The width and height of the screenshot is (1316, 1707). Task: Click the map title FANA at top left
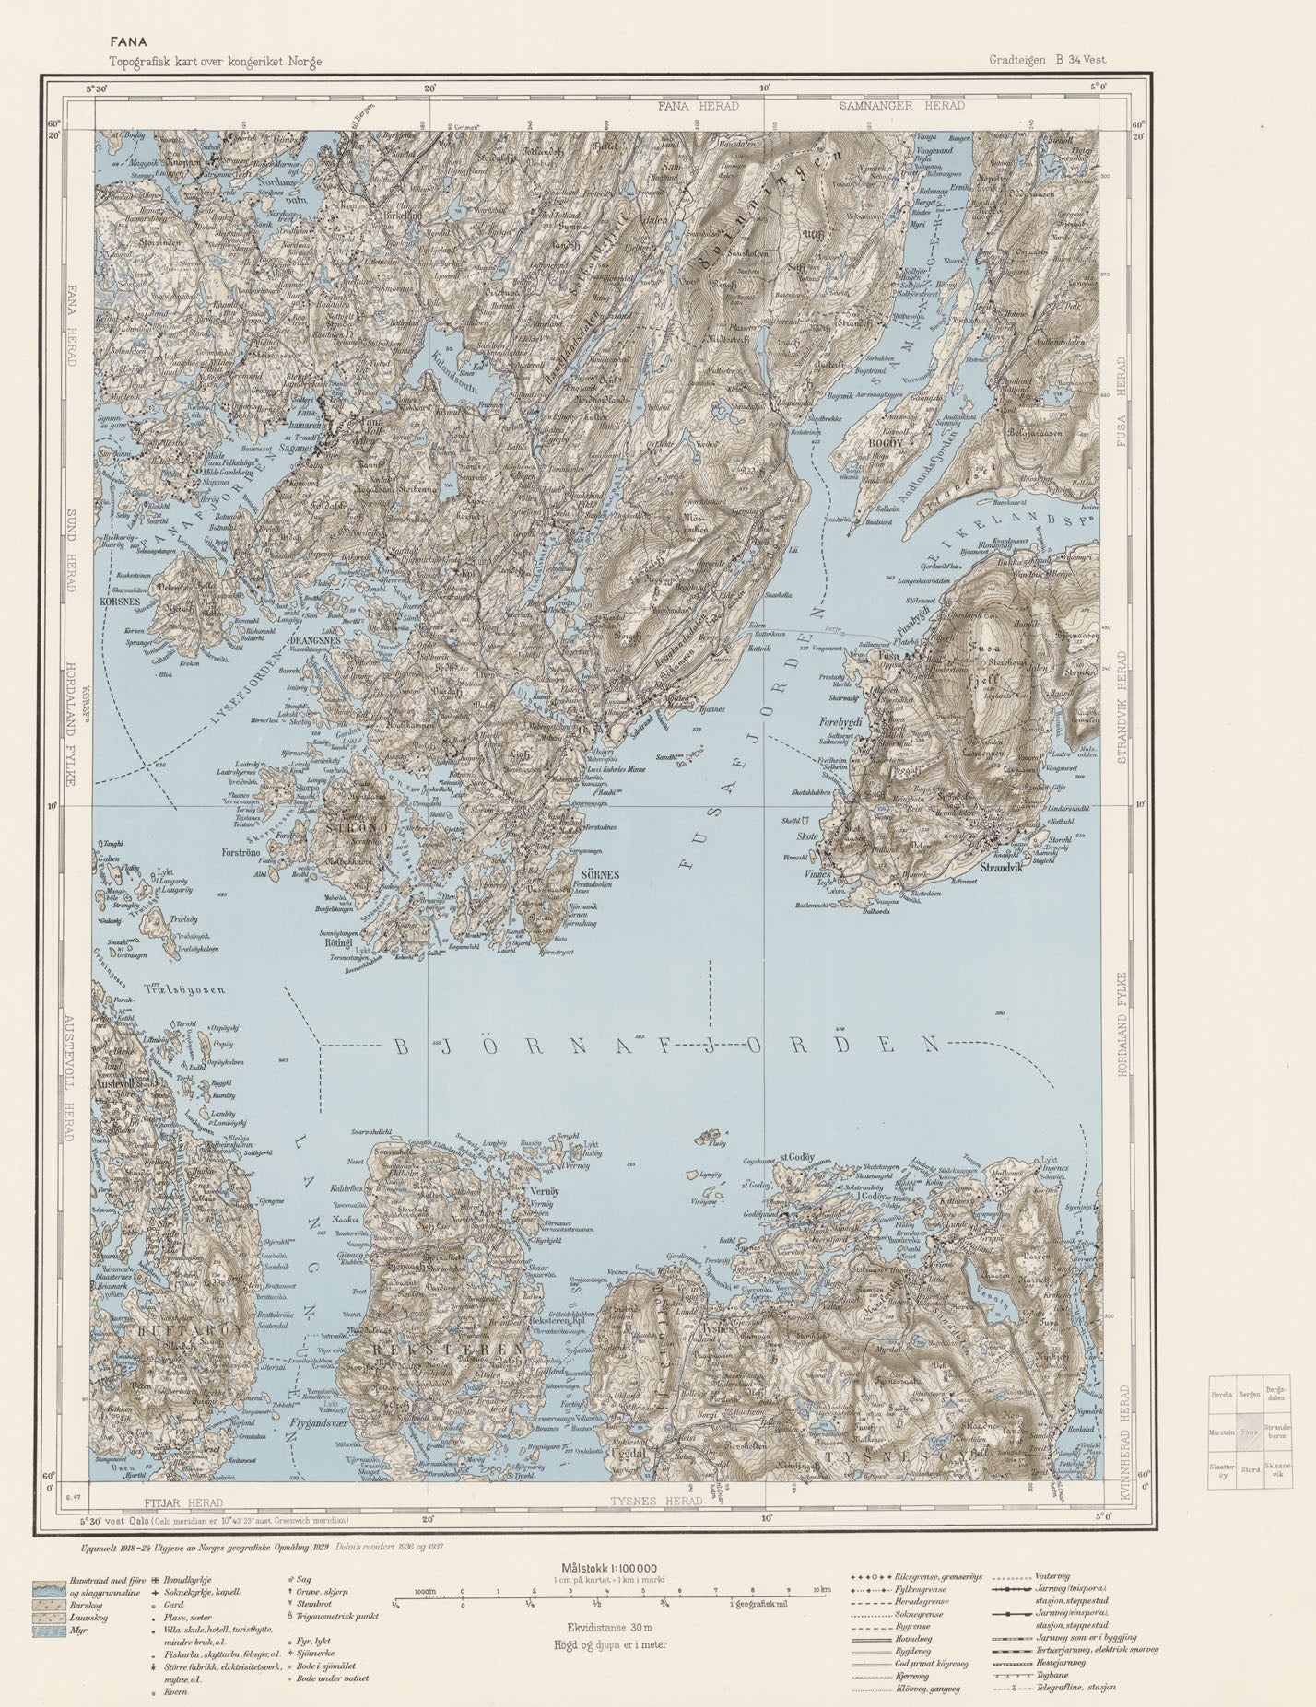[125, 41]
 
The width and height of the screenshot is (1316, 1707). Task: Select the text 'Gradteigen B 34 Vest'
[1048, 60]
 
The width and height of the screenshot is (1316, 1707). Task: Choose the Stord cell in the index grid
[1250, 1469]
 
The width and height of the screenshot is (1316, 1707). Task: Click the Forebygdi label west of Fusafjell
[839, 723]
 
